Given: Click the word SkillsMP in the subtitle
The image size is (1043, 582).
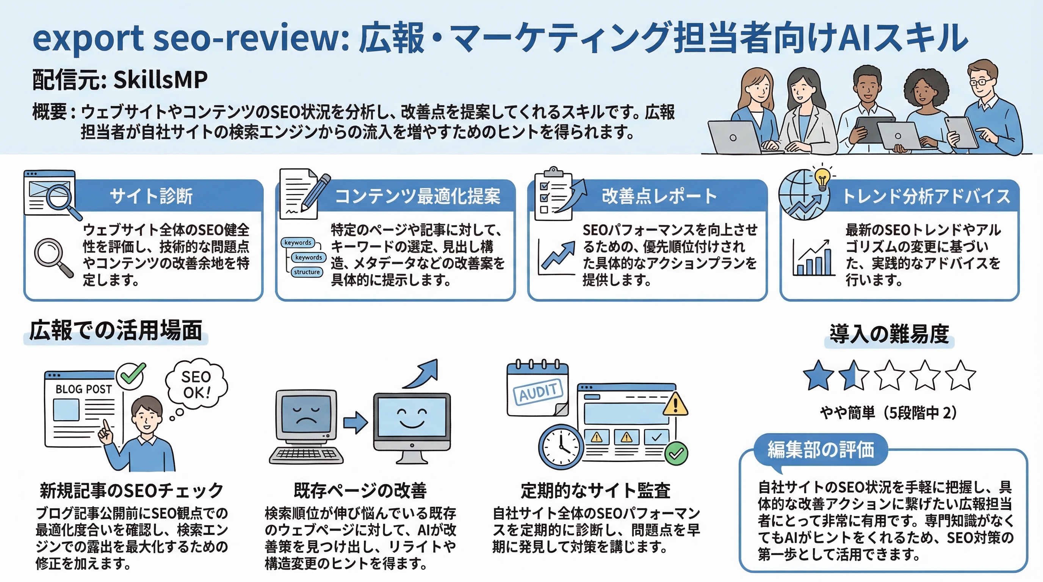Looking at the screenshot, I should (x=160, y=79).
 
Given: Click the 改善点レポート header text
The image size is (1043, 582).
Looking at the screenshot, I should (x=659, y=196).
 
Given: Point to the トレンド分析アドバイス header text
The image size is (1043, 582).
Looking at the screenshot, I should (x=926, y=196).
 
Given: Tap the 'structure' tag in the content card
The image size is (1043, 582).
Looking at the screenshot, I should (x=307, y=272).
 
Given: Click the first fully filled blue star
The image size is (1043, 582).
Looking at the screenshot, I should (x=818, y=375).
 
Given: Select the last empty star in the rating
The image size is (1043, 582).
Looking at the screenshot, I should (x=960, y=375).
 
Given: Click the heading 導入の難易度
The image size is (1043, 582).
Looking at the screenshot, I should (x=889, y=335).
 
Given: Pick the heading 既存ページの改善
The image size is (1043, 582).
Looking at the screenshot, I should (x=360, y=491).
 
